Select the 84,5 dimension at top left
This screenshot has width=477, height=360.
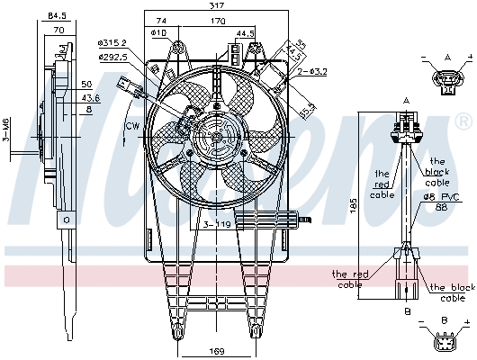57,14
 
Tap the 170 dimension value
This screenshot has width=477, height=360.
220,21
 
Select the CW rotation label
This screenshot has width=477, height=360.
131,125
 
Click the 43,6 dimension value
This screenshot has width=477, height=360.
91,97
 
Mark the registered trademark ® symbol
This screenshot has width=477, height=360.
463,119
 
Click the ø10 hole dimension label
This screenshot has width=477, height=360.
159,33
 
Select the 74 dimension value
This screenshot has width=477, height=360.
161,21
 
